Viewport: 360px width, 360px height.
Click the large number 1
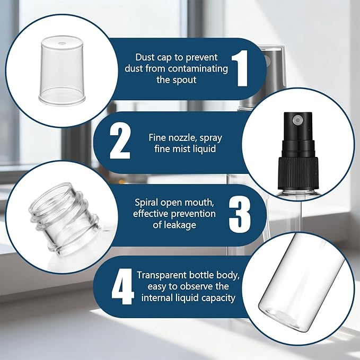(240, 68)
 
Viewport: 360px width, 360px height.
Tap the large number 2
(120, 141)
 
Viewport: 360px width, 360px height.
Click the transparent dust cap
(62, 71)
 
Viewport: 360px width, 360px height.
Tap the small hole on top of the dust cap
(62, 43)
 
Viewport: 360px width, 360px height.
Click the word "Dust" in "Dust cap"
(145, 57)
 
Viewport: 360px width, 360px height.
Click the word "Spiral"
(146, 203)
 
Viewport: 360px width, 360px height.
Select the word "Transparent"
(161, 275)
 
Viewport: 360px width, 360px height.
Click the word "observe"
(193, 286)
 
